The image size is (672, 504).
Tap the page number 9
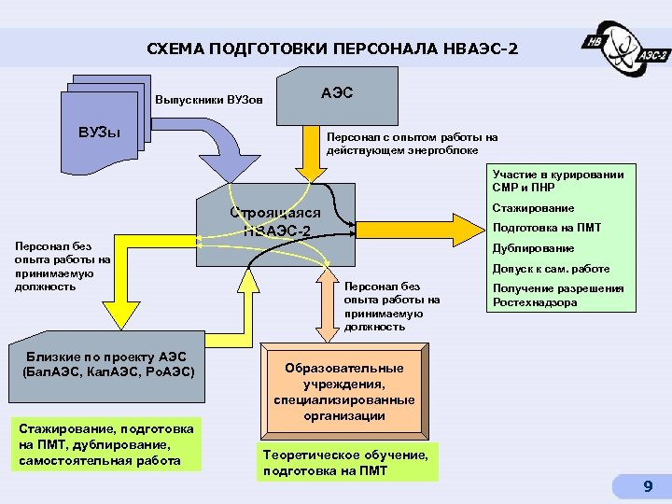[647, 486]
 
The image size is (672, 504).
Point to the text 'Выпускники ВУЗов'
[210, 99]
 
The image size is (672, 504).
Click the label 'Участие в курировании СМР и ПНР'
[558, 180]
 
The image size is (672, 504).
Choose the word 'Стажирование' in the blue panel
[533, 207]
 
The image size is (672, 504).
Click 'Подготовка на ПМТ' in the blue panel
[547, 228]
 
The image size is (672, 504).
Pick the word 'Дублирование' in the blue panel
[533, 248]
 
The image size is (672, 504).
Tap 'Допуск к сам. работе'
[551, 269]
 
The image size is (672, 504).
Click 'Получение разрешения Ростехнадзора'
[558, 295]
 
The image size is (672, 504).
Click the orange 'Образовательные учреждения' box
[344, 391]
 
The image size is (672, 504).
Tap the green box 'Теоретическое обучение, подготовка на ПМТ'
[346, 462]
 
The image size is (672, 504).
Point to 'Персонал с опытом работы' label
[412, 143]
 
